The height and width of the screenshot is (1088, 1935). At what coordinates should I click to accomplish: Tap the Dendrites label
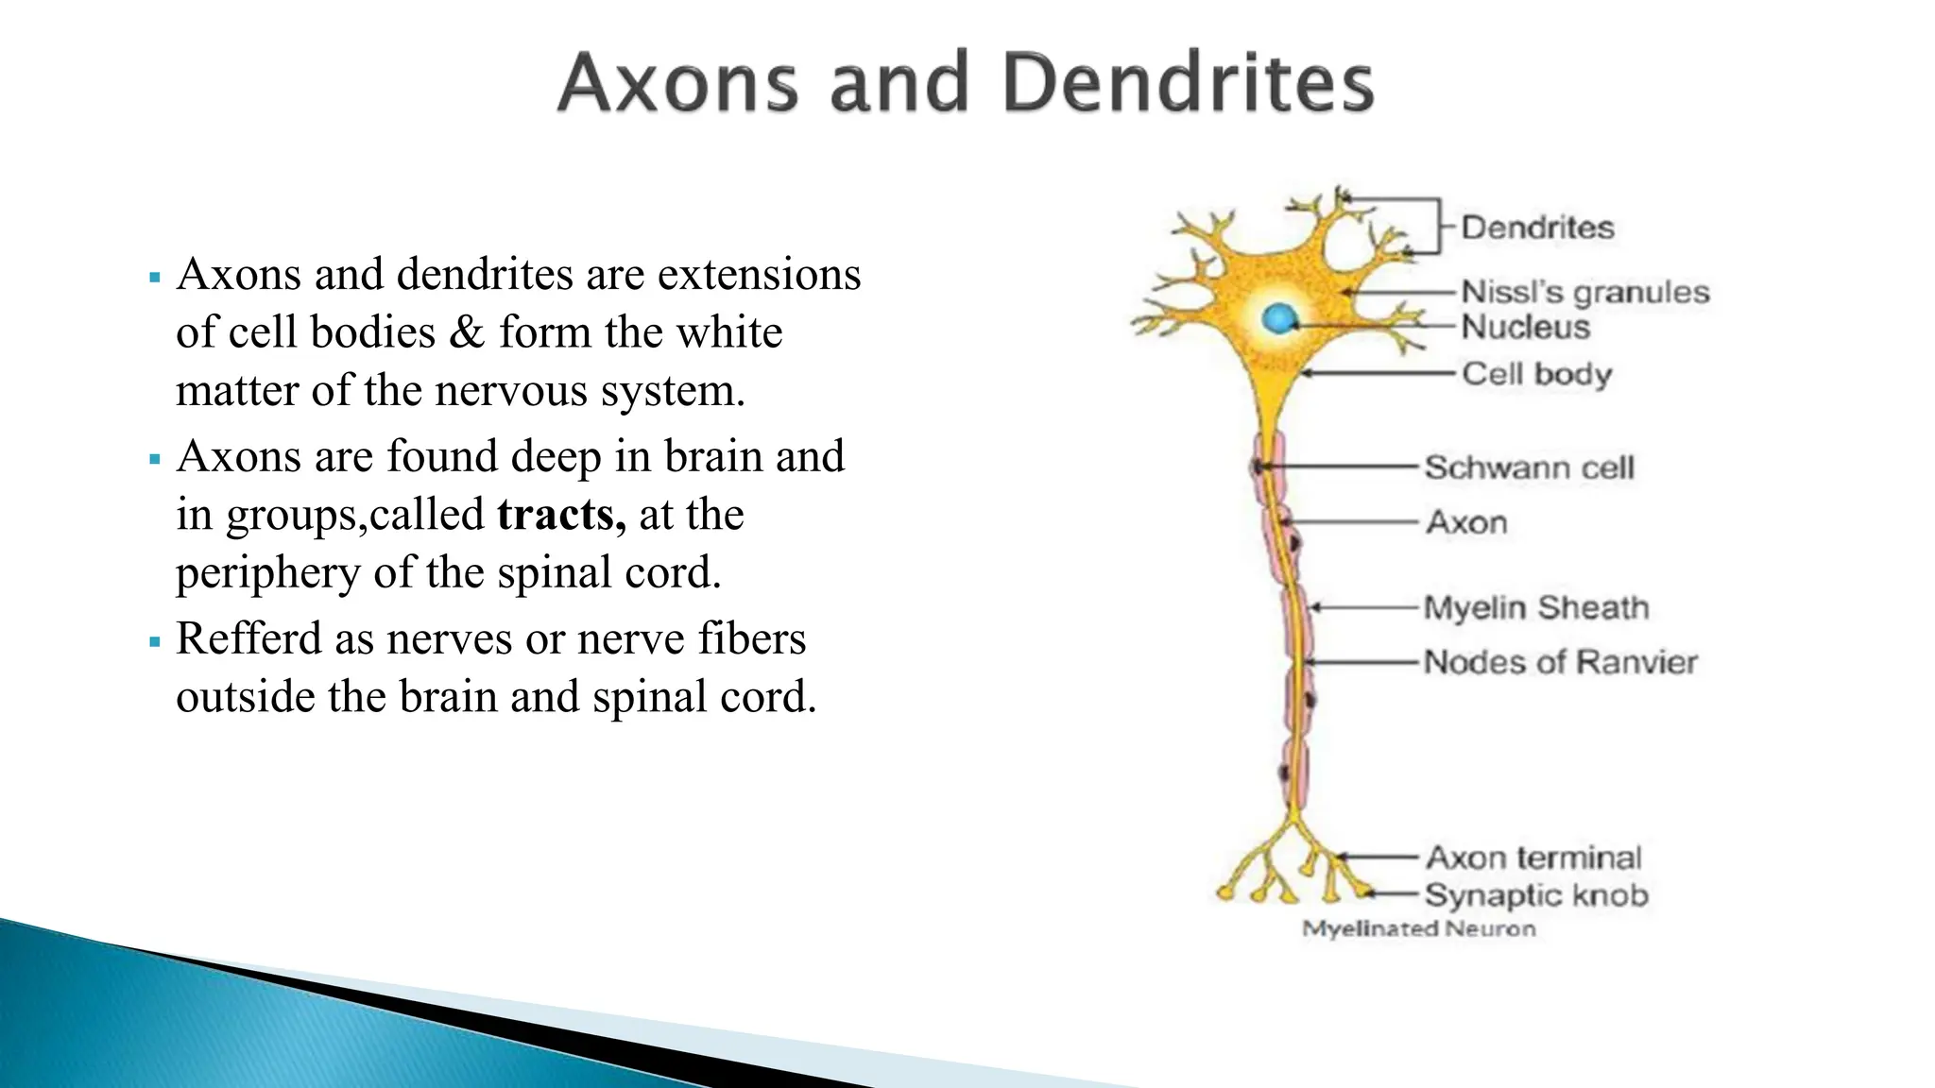click(x=1537, y=228)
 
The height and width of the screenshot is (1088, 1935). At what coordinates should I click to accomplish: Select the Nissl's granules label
click(x=1585, y=292)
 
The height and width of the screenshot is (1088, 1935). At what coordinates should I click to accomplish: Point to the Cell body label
click(x=1536, y=374)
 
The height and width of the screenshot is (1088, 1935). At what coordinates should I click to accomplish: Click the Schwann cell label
click(x=1529, y=467)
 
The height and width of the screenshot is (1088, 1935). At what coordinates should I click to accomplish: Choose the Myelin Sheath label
click(x=1536, y=607)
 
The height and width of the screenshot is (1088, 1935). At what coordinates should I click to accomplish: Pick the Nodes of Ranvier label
click(x=1560, y=662)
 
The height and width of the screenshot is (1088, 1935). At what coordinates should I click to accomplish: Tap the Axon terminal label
click(x=1533, y=858)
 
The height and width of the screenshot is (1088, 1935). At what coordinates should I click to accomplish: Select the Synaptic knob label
click(x=1536, y=894)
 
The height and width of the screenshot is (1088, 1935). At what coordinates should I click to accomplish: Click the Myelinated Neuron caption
click(x=1418, y=929)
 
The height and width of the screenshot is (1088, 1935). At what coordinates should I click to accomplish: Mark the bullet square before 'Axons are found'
click(x=155, y=461)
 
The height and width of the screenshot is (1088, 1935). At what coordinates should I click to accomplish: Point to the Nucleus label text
click(x=1525, y=328)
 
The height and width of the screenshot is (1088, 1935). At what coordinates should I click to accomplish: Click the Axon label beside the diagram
click(x=1466, y=522)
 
